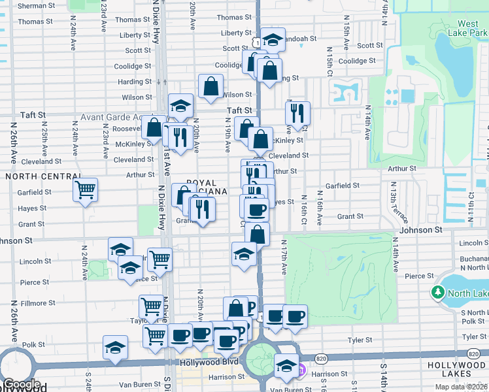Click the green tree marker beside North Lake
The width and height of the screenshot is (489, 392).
pyautogui.click(x=437, y=293)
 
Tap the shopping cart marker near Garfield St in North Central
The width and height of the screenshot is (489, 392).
pyautogui.click(x=85, y=190)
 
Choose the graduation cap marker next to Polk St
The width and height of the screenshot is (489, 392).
pyautogui.click(x=116, y=348)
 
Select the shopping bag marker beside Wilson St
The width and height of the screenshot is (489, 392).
pyautogui.click(x=211, y=86)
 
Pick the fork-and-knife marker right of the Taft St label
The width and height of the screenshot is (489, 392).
pyautogui.click(x=297, y=113)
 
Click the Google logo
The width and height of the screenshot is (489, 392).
pyautogui.click(x=22, y=385)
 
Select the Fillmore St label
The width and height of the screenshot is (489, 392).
pyautogui.click(x=37, y=304)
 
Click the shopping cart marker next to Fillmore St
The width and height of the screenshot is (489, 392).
pyautogui.click(x=151, y=306)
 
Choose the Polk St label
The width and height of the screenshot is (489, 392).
pyautogui.click(x=33, y=344)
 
